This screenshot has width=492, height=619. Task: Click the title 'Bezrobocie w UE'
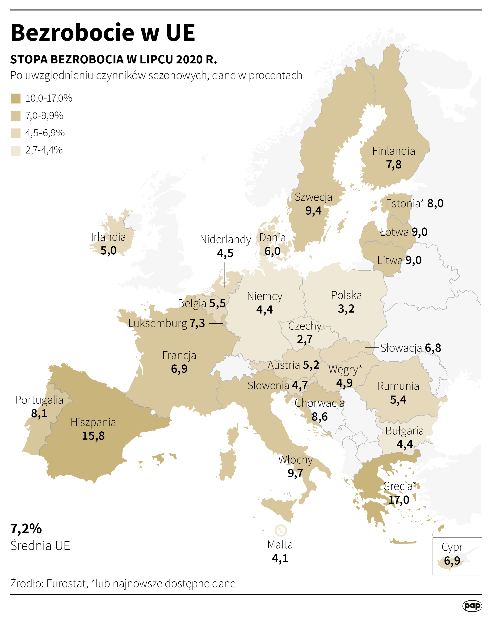pyautogui.click(x=103, y=33)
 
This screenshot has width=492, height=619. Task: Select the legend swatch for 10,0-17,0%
pyautogui.click(x=16, y=99)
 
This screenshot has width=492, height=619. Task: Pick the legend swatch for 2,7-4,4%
pyautogui.click(x=16, y=150)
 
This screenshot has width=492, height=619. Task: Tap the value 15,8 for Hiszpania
pyautogui.click(x=93, y=436)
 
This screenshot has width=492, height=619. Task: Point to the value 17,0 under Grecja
pyautogui.click(x=399, y=500)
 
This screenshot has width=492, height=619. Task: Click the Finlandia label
pyautogui.click(x=393, y=151)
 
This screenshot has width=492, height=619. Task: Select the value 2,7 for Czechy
pyautogui.click(x=304, y=339)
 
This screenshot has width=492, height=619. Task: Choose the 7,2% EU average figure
pyautogui.click(x=26, y=528)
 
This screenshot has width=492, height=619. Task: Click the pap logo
pyautogui.click(x=472, y=606)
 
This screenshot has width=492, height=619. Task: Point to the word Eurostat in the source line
pyautogui.click(x=67, y=583)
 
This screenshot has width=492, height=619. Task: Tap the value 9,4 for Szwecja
pyautogui.click(x=313, y=211)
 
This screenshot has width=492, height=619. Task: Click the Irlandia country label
pyautogui.click(x=108, y=237)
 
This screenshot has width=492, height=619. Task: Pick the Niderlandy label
pyautogui.click(x=225, y=239)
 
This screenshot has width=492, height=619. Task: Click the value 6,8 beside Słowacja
pyautogui.click(x=433, y=348)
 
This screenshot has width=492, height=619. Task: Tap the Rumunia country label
pyautogui.click(x=398, y=386)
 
